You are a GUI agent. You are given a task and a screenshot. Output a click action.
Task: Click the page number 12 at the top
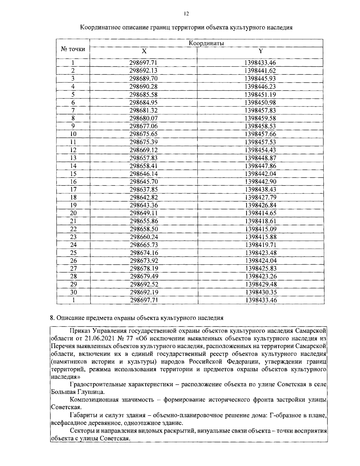(186, 14)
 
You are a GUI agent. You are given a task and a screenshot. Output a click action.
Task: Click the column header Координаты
(206, 43)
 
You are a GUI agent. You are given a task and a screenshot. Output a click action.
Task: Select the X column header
(144, 51)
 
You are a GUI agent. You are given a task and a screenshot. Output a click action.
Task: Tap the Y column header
(260, 51)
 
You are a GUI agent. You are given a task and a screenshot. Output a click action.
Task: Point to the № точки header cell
(73, 49)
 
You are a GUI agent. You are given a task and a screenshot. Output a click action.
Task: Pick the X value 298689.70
(143, 79)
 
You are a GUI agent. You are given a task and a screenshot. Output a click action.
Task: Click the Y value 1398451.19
(260, 95)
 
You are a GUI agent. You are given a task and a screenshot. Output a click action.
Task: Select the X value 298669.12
(143, 150)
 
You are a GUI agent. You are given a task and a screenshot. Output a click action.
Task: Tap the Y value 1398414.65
(260, 213)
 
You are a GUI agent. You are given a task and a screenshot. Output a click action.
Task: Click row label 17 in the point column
(73, 190)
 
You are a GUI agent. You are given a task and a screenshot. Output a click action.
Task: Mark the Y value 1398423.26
(260, 276)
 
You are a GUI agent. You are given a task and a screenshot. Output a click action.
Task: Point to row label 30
(73, 292)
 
